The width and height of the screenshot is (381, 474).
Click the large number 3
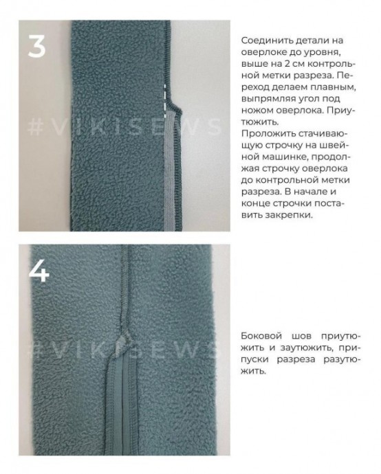(36, 46)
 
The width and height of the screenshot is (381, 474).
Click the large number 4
(39, 271)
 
